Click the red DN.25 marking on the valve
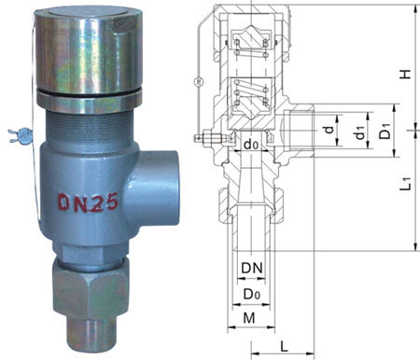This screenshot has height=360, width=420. point(89,202)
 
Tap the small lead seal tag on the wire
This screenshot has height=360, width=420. point(20,135)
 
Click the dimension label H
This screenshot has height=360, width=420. point(405,74)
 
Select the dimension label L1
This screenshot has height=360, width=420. point(406,184)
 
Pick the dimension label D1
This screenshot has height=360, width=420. point(385,131)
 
